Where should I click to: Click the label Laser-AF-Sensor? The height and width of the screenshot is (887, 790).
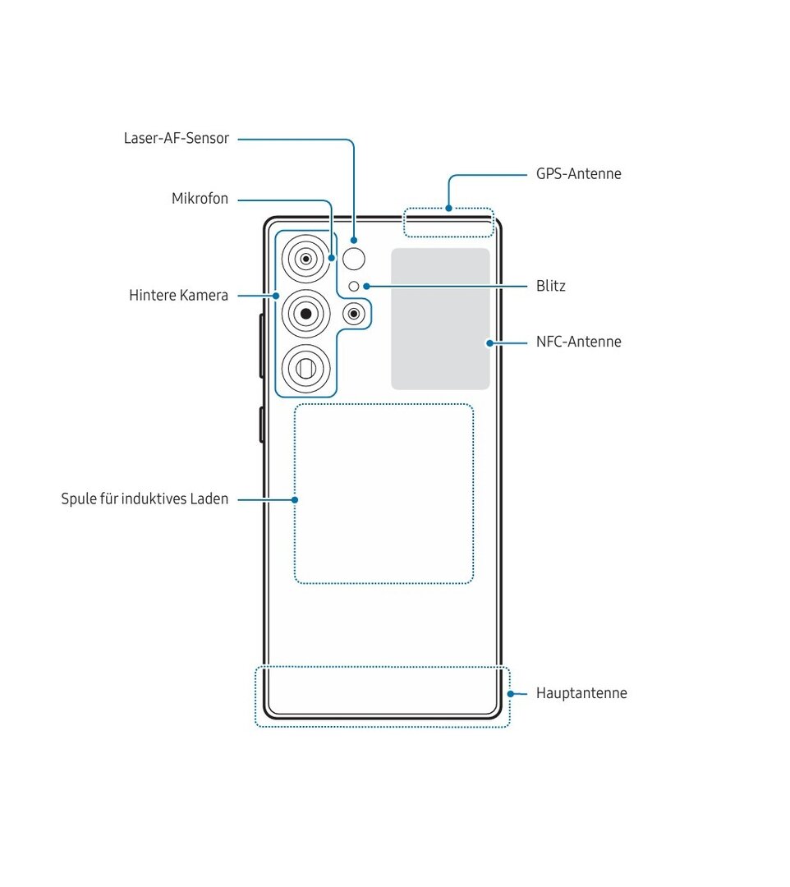[176, 139]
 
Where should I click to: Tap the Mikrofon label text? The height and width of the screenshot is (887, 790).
[200, 199]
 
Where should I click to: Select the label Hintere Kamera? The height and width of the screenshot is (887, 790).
[178, 295]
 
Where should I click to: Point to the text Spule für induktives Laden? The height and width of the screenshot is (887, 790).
[145, 499]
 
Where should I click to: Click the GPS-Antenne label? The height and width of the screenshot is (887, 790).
[578, 174]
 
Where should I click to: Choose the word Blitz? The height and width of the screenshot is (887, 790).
[550, 287]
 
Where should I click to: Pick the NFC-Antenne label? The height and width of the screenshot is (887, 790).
[578, 342]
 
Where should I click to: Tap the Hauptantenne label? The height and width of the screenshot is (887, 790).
[581, 693]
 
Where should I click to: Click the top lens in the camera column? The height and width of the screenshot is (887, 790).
[305, 260]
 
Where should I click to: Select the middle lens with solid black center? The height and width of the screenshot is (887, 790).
[305, 313]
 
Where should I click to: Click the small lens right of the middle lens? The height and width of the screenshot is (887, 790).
[353, 313]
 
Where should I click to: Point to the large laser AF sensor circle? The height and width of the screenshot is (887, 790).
[354, 260]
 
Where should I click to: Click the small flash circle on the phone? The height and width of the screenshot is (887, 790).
[354, 287]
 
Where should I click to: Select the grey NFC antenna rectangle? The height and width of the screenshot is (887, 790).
[440, 319]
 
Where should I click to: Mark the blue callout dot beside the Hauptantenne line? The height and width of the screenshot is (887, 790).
[510, 694]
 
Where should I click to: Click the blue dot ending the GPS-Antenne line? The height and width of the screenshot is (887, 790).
[448, 208]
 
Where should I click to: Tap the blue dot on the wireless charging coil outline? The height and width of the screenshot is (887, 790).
[294, 499]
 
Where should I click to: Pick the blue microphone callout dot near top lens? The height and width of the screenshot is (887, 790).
[331, 257]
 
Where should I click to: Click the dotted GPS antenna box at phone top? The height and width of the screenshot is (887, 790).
[448, 223]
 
